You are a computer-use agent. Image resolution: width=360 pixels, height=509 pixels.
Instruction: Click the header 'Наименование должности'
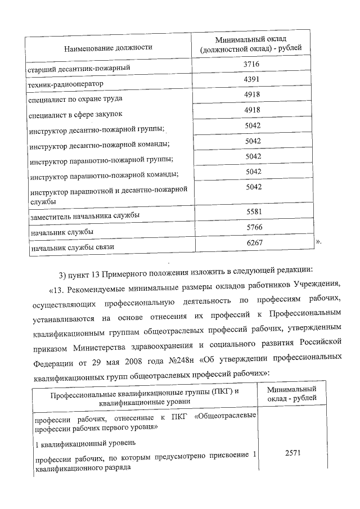[109, 48]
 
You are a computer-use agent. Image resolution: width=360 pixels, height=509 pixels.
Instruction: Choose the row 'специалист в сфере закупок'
[75, 115]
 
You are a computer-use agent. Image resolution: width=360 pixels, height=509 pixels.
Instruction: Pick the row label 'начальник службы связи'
[70, 247]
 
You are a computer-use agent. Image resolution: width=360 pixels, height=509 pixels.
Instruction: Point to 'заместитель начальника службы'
[84, 216]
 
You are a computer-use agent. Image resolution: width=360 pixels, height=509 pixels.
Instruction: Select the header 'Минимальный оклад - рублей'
[291, 393]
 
